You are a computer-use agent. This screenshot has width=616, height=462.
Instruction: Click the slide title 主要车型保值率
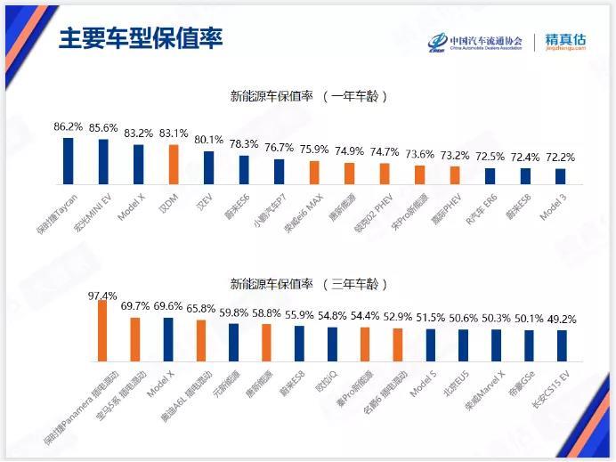140,40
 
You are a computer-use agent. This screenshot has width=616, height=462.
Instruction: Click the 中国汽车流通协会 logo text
489,40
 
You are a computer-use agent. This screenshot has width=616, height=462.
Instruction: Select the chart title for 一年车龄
308,95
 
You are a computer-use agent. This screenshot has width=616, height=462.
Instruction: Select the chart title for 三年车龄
308,285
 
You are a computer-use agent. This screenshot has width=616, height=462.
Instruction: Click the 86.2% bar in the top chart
68,159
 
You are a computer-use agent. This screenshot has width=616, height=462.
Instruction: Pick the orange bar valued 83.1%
174,163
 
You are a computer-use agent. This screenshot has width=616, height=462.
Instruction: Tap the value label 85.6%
103,128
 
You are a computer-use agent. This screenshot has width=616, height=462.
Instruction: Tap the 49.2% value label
562,319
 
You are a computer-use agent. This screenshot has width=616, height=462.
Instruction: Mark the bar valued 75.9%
314,172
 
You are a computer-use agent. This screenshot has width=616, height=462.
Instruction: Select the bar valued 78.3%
244,168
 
